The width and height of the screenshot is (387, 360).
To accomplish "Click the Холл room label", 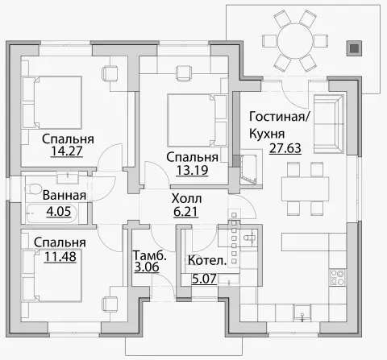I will tap(186, 198).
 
